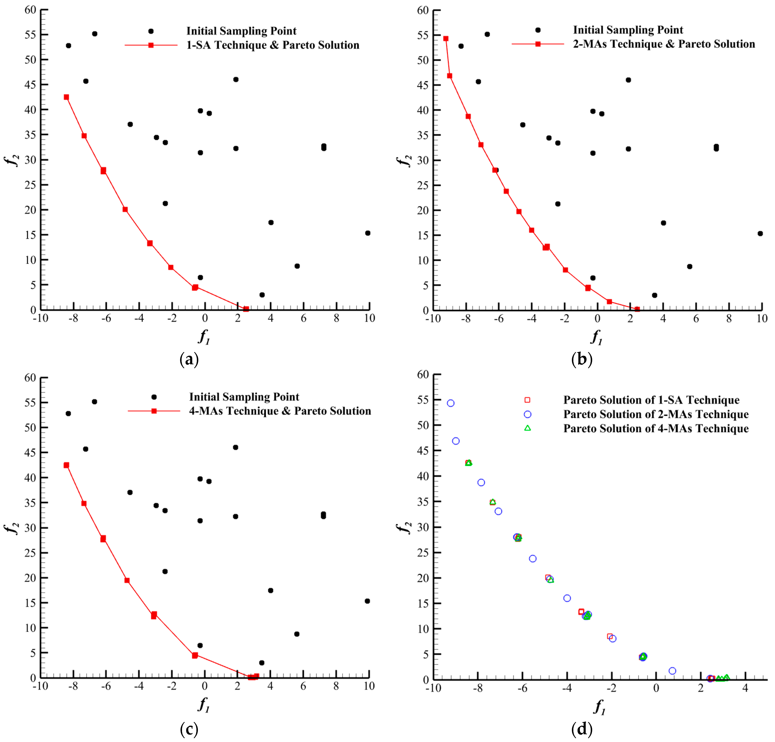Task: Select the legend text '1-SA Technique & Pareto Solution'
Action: point(273,45)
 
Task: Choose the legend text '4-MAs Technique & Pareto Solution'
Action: point(280,411)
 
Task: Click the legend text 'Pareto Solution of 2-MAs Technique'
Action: point(656,414)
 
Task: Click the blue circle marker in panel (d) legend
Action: point(527,414)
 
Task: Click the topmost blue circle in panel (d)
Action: point(451,403)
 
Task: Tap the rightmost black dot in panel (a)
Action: point(368,233)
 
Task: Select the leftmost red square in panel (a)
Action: point(66,97)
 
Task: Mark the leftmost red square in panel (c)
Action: point(66,465)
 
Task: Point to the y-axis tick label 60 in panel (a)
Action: point(30,10)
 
